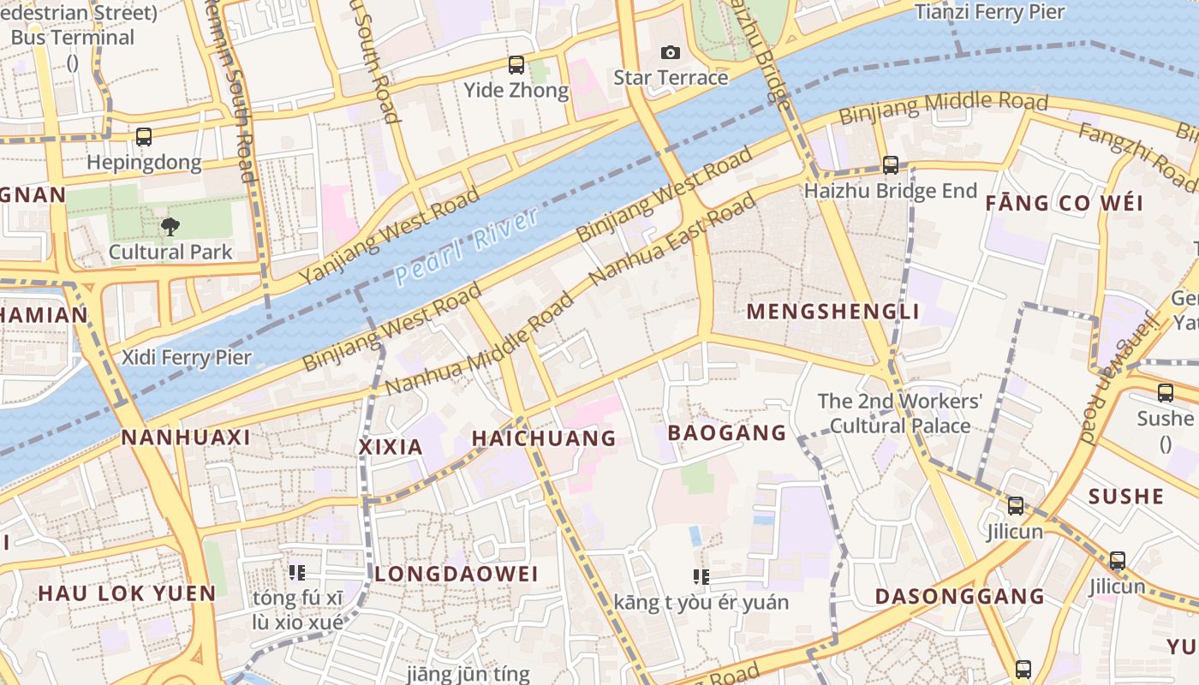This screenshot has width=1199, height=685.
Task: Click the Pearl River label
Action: (468, 246)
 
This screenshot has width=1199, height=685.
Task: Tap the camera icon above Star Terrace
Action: (671, 53)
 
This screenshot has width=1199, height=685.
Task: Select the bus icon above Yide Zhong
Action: (516, 65)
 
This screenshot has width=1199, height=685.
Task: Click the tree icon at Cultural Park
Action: (170, 227)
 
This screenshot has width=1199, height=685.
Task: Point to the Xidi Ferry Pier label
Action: (187, 357)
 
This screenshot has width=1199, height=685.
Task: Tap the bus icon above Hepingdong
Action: (144, 137)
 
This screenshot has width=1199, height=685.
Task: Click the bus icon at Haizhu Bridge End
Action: (891, 165)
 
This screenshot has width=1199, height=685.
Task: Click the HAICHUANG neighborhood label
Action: (544, 438)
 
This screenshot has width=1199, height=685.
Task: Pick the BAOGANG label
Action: (726, 433)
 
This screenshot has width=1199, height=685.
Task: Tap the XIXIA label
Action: (391, 447)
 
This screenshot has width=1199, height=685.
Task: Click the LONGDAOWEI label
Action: (456, 574)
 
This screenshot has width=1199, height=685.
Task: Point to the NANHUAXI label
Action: (186, 438)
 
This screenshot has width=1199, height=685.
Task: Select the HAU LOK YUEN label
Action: (127, 593)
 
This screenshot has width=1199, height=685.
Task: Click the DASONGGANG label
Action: (959, 597)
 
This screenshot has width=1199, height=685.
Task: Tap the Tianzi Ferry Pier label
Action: (989, 12)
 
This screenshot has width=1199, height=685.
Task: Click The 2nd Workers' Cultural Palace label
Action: (899, 413)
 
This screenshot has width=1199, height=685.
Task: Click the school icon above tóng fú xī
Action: (297, 572)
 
